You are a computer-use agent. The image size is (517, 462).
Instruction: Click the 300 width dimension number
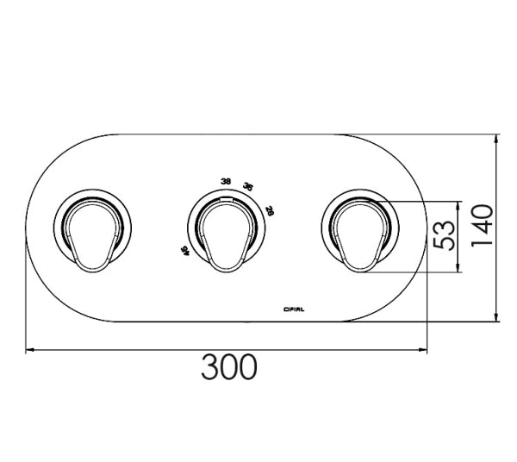pyautogui.click(x=229, y=368)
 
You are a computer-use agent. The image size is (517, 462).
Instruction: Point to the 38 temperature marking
pyautogui.click(x=226, y=181)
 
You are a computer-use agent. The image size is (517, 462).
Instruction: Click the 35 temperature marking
pyautogui.click(x=248, y=187)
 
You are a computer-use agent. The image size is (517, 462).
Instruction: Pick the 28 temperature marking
pyautogui.click(x=269, y=210)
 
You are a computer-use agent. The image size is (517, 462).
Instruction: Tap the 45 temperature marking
pyautogui.click(x=184, y=250)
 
